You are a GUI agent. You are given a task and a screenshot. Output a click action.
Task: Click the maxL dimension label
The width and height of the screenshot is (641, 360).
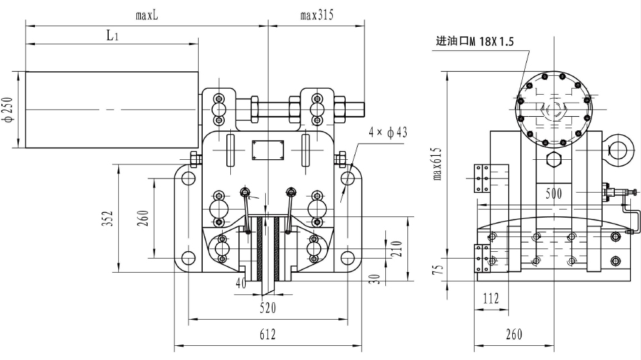point(146,14)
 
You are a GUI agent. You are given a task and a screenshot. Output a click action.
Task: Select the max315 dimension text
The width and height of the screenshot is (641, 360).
point(316,14)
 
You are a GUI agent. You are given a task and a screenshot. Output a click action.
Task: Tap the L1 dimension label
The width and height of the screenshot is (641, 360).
point(113,36)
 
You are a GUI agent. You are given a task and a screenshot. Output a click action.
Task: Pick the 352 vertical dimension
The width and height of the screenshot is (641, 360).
point(108,220)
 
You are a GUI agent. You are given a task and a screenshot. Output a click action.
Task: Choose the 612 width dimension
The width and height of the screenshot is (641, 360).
point(267,334)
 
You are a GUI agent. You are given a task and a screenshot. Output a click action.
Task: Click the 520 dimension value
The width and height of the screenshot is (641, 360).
point(267,308)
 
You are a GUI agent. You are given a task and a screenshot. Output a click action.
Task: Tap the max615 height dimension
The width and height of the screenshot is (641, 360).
point(437,165)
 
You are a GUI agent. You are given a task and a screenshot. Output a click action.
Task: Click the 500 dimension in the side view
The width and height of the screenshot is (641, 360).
point(554,193)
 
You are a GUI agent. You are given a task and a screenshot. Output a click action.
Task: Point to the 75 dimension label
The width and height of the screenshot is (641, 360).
point(437,269)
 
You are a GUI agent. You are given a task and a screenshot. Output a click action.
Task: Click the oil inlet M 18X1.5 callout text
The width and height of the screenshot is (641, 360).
point(475,42)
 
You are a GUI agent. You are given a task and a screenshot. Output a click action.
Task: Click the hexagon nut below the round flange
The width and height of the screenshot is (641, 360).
point(554,160)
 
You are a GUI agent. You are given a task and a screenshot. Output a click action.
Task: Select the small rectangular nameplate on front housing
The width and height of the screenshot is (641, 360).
point(267,150)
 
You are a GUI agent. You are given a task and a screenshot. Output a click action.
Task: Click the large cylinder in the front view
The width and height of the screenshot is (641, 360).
point(111,109)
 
